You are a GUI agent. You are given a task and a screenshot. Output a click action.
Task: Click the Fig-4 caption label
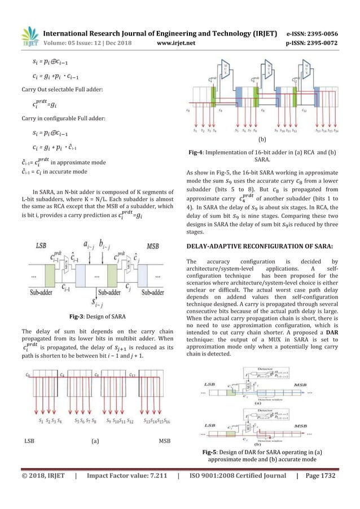point(199,152)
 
